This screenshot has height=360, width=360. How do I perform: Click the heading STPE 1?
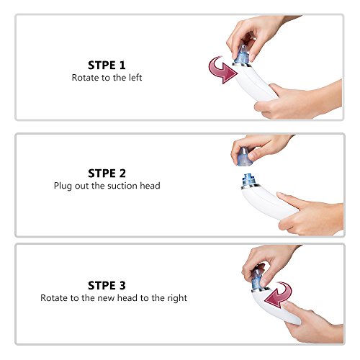tap(107, 66)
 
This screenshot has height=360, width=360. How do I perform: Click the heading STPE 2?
tap(107, 174)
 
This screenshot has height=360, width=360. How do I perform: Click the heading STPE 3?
tap(107, 285)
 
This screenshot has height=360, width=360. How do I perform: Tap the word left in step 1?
tap(135, 78)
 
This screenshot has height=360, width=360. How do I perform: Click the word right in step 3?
tap(177, 298)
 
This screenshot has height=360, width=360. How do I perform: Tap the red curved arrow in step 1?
tap(222, 70)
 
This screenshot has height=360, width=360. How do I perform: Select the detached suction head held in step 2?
tap(245, 157)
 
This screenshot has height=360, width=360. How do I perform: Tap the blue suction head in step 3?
tap(257, 279)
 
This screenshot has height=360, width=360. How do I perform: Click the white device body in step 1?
tap(254, 83)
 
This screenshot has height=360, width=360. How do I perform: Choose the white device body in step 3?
tap(274, 307)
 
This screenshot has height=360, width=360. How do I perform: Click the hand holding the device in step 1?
tap(297, 101)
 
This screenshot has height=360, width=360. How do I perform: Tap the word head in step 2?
tap(150, 186)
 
